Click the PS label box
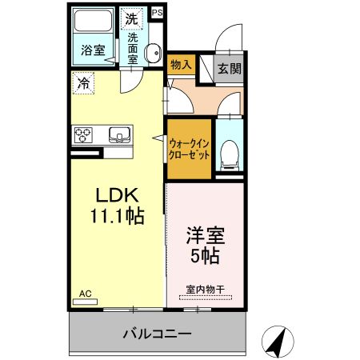point(155,12)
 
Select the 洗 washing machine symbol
point(130,17)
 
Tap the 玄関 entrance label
point(230,68)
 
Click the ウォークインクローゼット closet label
point(189,149)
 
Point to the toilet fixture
point(229,153)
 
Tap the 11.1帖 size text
point(118,216)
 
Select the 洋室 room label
point(205,238)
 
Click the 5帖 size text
point(205,257)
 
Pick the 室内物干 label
point(205,289)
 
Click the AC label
point(84,294)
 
